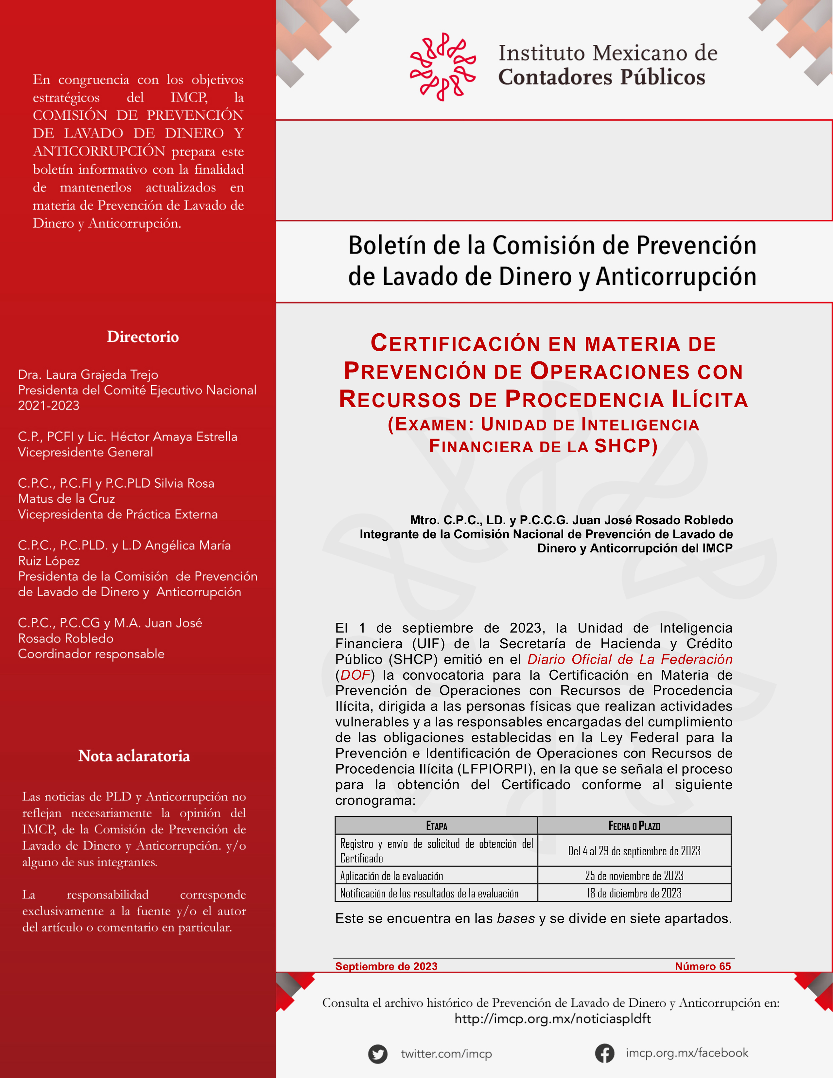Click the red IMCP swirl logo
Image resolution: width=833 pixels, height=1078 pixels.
click(443, 67)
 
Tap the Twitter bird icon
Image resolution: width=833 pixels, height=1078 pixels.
click(377, 1054)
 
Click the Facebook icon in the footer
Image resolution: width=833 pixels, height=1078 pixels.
click(604, 1053)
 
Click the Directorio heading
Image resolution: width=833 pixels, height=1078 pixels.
click(143, 337)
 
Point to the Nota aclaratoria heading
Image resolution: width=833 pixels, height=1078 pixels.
click(134, 756)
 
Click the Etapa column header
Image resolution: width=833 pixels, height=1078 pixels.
click(436, 826)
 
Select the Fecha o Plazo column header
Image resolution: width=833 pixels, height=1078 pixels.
click(634, 826)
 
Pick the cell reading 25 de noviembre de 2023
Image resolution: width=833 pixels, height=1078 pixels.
click(634, 876)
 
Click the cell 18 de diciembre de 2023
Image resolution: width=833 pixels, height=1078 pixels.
click(634, 893)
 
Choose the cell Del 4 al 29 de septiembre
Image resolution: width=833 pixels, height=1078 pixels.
click(634, 851)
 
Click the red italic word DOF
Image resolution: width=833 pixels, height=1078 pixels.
click(355, 675)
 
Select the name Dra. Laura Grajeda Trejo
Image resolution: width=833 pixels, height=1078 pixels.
click(88, 374)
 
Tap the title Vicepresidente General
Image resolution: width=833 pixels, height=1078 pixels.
click(85, 452)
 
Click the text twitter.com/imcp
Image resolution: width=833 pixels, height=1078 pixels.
click(446, 1054)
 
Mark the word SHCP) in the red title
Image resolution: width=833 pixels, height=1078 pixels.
click(626, 446)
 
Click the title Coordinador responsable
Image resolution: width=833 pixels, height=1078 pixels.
click(91, 654)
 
